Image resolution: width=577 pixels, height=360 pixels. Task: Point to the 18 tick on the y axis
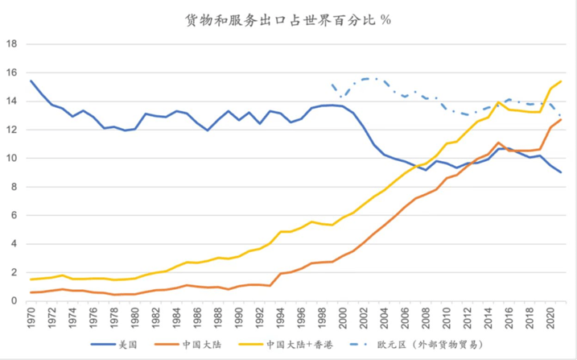(x=12, y=43)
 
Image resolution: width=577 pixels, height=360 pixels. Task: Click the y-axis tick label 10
(x=12, y=158)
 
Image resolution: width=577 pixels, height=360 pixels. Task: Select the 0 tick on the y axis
(x=14, y=301)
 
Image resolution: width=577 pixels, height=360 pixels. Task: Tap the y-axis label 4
(x=14, y=244)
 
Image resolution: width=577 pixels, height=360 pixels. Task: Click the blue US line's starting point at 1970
(x=31, y=81)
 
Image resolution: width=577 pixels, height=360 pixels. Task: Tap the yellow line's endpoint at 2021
(x=561, y=81)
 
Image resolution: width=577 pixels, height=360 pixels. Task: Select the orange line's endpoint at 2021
(x=561, y=120)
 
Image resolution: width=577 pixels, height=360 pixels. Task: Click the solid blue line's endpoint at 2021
(x=561, y=172)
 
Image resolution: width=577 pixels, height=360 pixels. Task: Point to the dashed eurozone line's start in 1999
(x=332, y=83)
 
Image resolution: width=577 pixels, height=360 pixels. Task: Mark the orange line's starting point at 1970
(x=31, y=292)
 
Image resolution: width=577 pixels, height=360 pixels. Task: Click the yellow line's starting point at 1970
(x=31, y=279)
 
